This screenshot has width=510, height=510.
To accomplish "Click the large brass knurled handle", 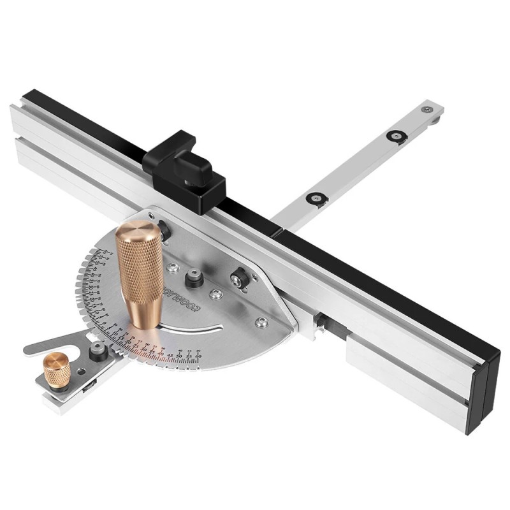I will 140,274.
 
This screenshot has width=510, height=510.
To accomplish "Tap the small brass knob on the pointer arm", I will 56,368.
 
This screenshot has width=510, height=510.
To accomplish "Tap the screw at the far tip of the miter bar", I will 426,110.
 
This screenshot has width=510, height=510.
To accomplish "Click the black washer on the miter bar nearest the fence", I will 316,198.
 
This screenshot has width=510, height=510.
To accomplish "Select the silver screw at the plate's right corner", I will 261,322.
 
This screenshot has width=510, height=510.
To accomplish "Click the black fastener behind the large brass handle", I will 164,230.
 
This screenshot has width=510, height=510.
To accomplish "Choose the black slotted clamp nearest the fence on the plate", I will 240,277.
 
